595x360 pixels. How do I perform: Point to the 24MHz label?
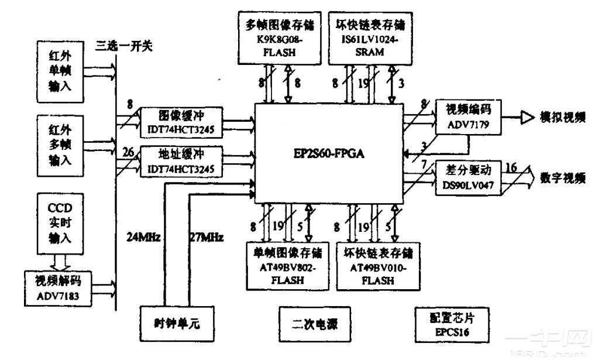(x=145, y=238)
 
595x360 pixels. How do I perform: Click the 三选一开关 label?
(x=124, y=46)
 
